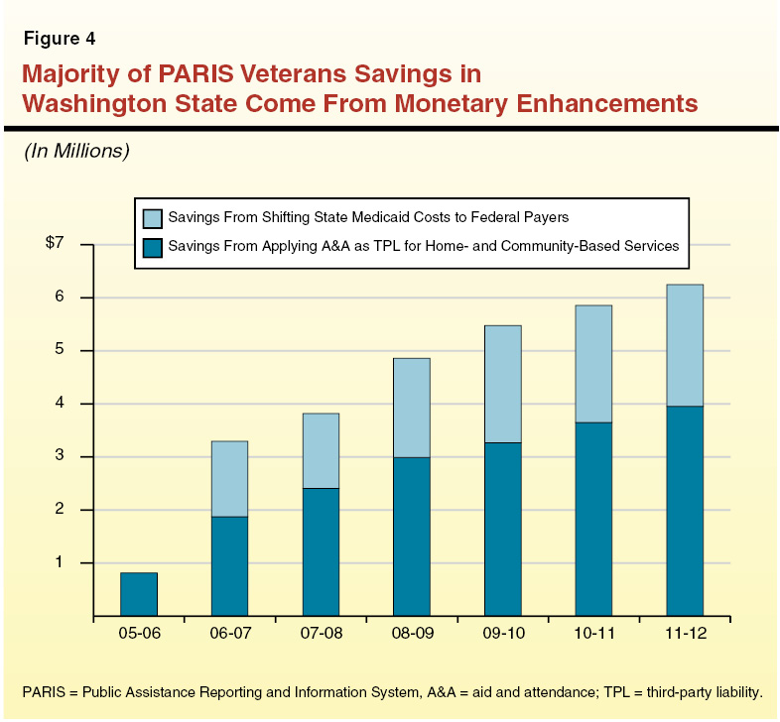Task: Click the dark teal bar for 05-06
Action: pyautogui.click(x=139, y=594)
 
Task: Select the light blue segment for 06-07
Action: pyautogui.click(x=229, y=479)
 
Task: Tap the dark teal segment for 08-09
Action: pyautogui.click(x=412, y=536)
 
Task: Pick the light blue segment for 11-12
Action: pyautogui.click(x=685, y=345)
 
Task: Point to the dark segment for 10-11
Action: pyautogui.click(x=593, y=519)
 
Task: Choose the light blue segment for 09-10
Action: pyautogui.click(x=502, y=384)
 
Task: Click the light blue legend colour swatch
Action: pyautogui.click(x=153, y=217)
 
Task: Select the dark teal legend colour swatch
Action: pyautogui.click(x=153, y=247)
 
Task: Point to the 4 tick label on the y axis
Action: pyautogui.click(x=60, y=404)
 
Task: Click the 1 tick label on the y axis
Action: pyautogui.click(x=60, y=562)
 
